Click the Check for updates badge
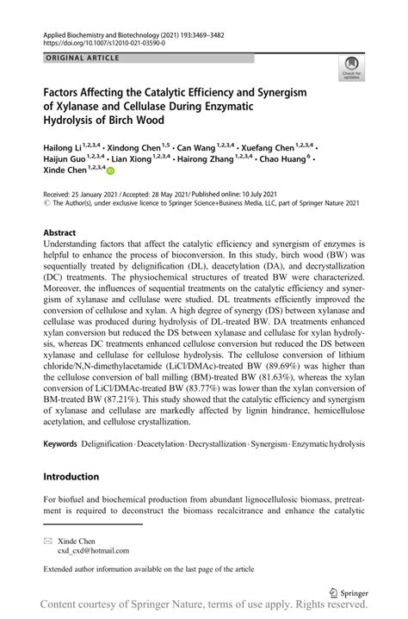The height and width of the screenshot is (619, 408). tap(351, 67)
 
